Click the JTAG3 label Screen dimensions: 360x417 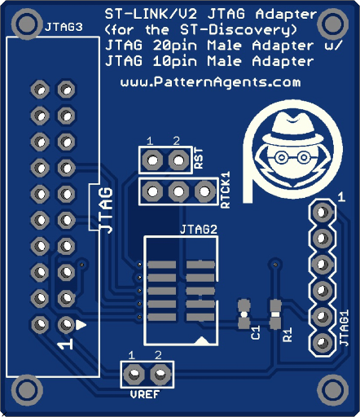click(64, 27)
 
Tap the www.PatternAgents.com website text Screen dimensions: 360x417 click(211, 81)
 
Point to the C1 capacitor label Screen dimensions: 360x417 click(256, 332)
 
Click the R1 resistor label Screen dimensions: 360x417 click(288, 334)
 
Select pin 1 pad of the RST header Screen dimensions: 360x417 click(152, 160)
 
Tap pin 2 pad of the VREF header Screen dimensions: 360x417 click(160, 375)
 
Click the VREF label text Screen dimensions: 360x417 click(145, 394)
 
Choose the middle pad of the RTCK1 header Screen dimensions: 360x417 click(178, 191)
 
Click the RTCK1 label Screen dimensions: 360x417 click(226, 190)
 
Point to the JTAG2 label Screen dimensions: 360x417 click(199, 230)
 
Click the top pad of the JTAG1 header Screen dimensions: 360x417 click(322, 212)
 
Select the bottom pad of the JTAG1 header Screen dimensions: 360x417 click(322, 343)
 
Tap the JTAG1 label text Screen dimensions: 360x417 click(345, 328)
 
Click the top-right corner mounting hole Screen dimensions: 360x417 click(333, 24)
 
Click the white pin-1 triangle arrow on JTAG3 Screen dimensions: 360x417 click(81, 325)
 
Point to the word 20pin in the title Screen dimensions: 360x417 click(175, 46)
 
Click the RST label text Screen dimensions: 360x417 click(199, 158)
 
